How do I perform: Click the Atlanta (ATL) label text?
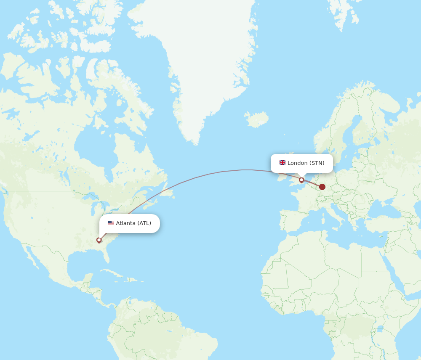point(133,223)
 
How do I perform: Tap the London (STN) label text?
point(306,163)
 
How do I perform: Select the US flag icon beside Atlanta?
point(111,223)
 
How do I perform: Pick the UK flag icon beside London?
point(282,163)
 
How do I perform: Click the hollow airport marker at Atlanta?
point(99,240)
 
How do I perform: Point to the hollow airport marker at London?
point(301,180)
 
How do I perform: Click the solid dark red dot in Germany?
point(322,187)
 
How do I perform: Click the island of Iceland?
point(257,119)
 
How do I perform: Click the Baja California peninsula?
point(32,256)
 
